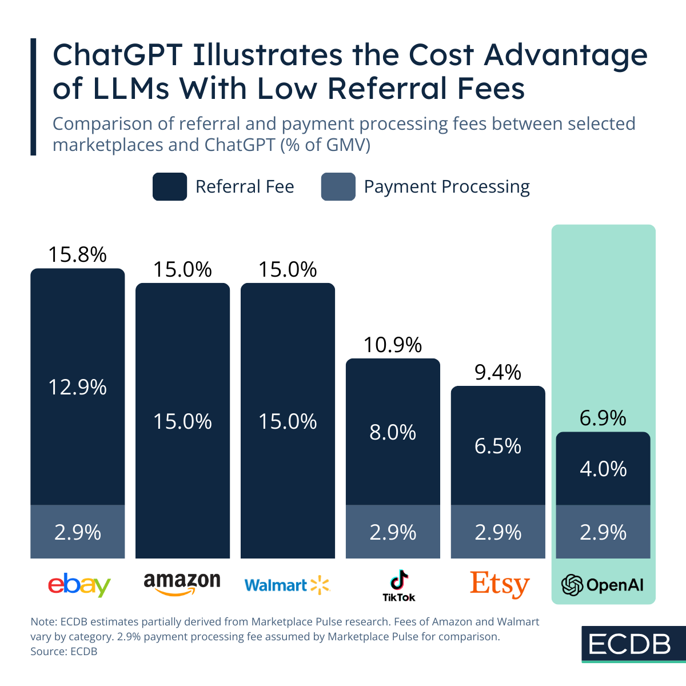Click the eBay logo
(x=79, y=585)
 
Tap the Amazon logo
(x=182, y=584)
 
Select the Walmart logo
(x=287, y=585)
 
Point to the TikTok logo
(x=398, y=585)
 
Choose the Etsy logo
(x=500, y=584)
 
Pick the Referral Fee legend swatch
(x=170, y=187)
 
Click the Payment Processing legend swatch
(x=338, y=187)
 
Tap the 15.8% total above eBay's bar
(x=77, y=255)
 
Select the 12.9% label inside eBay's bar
(x=77, y=388)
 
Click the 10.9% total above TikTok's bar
(x=393, y=345)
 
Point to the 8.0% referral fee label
(x=393, y=432)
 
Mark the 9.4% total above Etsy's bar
(x=498, y=373)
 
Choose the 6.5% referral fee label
(x=498, y=446)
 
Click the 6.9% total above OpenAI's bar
(x=603, y=418)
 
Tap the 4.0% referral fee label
(x=603, y=469)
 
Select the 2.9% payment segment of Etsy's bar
(x=498, y=532)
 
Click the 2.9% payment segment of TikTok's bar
(x=393, y=532)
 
